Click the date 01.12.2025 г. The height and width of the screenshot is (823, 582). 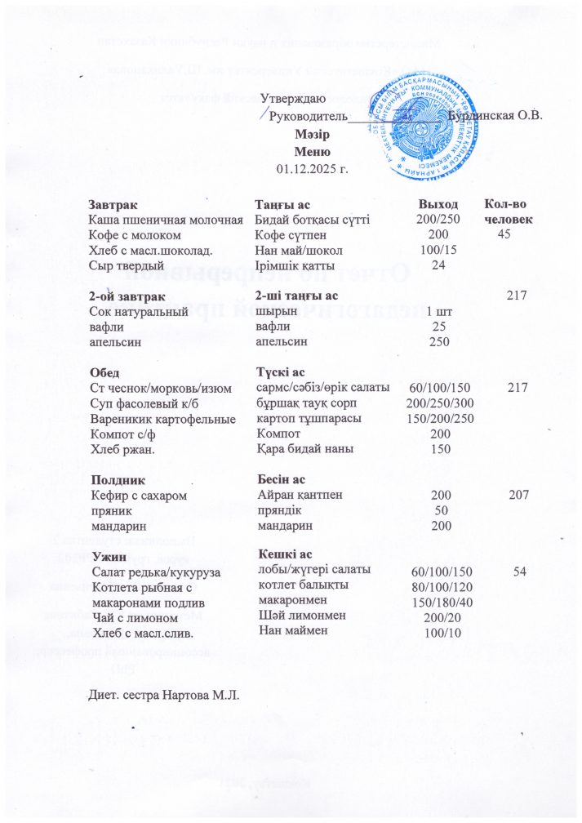tap(313, 170)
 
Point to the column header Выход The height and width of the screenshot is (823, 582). tap(438, 204)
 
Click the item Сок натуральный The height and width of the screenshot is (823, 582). tap(138, 312)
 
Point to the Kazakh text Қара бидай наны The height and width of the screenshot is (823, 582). tap(304, 450)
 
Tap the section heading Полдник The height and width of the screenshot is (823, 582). tap(119, 480)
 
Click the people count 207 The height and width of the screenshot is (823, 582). tap(518, 496)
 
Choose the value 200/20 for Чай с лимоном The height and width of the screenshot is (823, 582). tap(439, 617)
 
